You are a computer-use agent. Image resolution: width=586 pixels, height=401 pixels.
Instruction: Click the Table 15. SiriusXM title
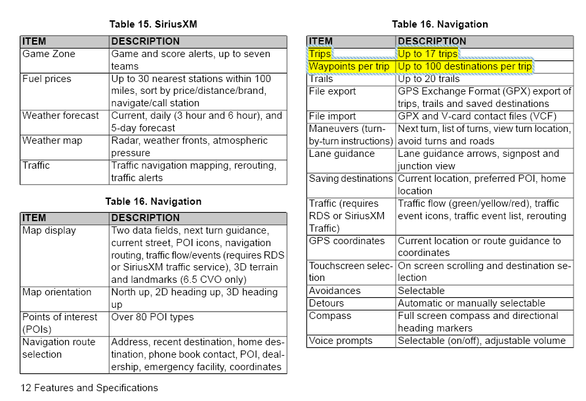coord(153,24)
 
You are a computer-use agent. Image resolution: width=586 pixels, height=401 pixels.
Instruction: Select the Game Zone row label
coord(49,54)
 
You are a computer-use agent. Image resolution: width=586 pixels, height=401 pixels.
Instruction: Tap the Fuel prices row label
coord(47,79)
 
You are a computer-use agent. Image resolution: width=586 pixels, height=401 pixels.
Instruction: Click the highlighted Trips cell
coord(320,54)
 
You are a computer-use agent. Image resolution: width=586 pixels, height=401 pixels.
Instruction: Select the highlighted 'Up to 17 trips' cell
coord(427,54)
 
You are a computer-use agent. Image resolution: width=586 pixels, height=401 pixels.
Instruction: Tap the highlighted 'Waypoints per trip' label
coord(349,67)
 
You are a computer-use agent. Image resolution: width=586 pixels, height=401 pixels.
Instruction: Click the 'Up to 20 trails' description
coord(430,79)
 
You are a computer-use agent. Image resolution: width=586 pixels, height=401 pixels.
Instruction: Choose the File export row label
coord(333,91)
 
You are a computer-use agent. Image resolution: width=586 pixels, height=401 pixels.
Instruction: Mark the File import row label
coord(333,116)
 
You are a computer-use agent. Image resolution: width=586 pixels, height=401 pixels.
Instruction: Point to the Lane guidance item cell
coord(342,154)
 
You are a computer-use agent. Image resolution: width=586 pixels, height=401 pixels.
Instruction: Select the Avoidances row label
coord(335,291)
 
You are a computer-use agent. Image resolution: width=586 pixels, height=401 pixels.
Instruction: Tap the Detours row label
coord(327,303)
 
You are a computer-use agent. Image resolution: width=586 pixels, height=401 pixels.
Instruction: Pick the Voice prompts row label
coord(341,341)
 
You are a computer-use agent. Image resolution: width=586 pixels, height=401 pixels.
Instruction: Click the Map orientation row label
coord(57,292)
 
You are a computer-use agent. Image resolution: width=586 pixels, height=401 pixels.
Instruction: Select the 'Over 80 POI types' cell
coord(153,317)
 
